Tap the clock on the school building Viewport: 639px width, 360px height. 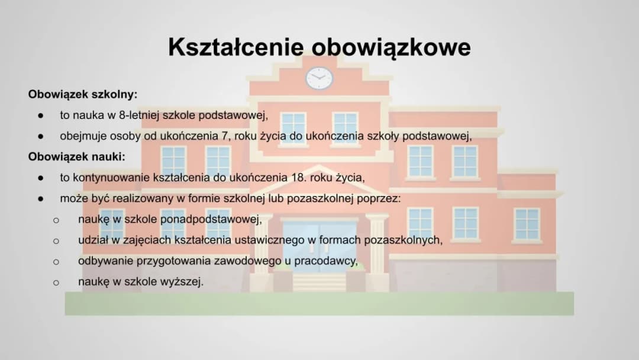319,78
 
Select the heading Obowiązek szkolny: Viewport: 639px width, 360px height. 83,94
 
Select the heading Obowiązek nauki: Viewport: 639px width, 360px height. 77,157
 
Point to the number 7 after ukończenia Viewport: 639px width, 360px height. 225,136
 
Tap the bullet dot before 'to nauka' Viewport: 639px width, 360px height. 40,115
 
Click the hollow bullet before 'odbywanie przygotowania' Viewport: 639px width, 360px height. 56,262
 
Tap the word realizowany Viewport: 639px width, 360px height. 140,198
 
